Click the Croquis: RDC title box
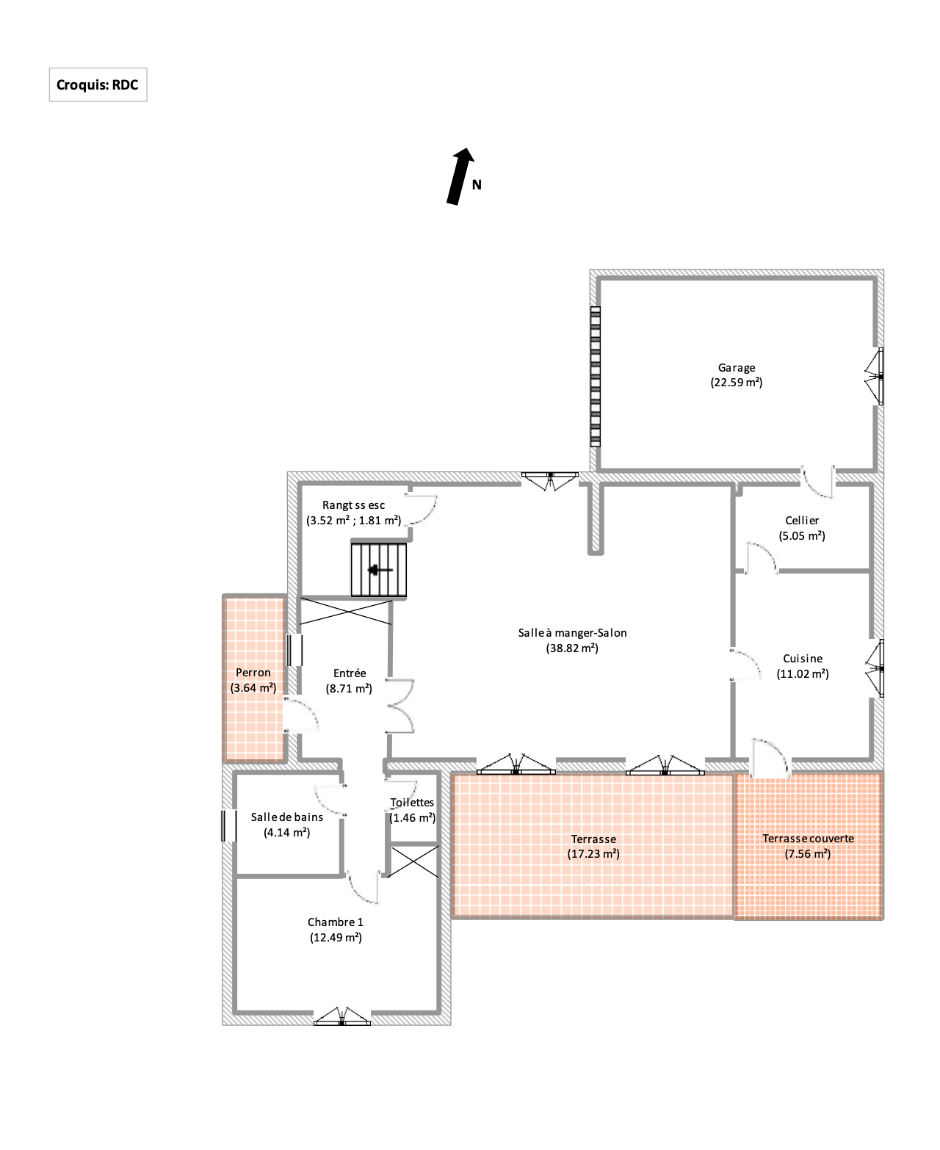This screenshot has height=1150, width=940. [98, 84]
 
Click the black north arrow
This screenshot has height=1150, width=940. [460, 176]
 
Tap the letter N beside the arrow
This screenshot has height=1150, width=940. [477, 185]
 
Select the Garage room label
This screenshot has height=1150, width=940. [736, 367]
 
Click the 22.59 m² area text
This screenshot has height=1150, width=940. [736, 383]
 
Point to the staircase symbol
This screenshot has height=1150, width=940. [378, 569]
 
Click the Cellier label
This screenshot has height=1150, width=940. [801, 520]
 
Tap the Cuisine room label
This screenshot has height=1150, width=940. [803, 658]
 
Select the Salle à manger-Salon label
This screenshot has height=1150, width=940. [572, 632]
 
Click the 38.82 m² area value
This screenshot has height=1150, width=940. [572, 648]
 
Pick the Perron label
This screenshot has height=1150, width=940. [253, 673]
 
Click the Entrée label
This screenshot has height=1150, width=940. [350, 673]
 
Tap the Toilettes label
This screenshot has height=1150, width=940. [412, 802]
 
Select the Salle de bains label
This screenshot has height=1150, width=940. [287, 817]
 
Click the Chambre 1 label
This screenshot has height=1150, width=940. [336, 922]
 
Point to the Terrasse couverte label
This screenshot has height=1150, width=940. [808, 838]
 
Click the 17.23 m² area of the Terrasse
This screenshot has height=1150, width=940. [593, 853]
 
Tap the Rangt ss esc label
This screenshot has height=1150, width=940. [353, 505]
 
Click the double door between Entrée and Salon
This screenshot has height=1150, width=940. [401, 706]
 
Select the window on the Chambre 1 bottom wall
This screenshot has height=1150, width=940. [342, 1016]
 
